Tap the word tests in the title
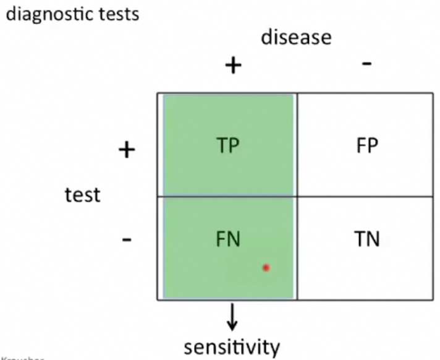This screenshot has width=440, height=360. (116, 13)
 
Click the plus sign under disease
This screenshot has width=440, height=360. (232, 65)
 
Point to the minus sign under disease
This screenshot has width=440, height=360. (366, 64)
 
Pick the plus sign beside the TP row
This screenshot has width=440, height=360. (127, 150)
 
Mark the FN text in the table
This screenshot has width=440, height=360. (228, 239)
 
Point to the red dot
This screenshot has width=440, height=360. (266, 268)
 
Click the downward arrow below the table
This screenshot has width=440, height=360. (231, 317)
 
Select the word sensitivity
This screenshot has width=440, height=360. (232, 345)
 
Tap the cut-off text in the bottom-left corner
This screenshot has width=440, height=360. (12, 358)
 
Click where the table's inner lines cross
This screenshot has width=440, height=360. (297, 197)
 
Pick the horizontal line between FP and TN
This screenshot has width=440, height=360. (365, 197)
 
